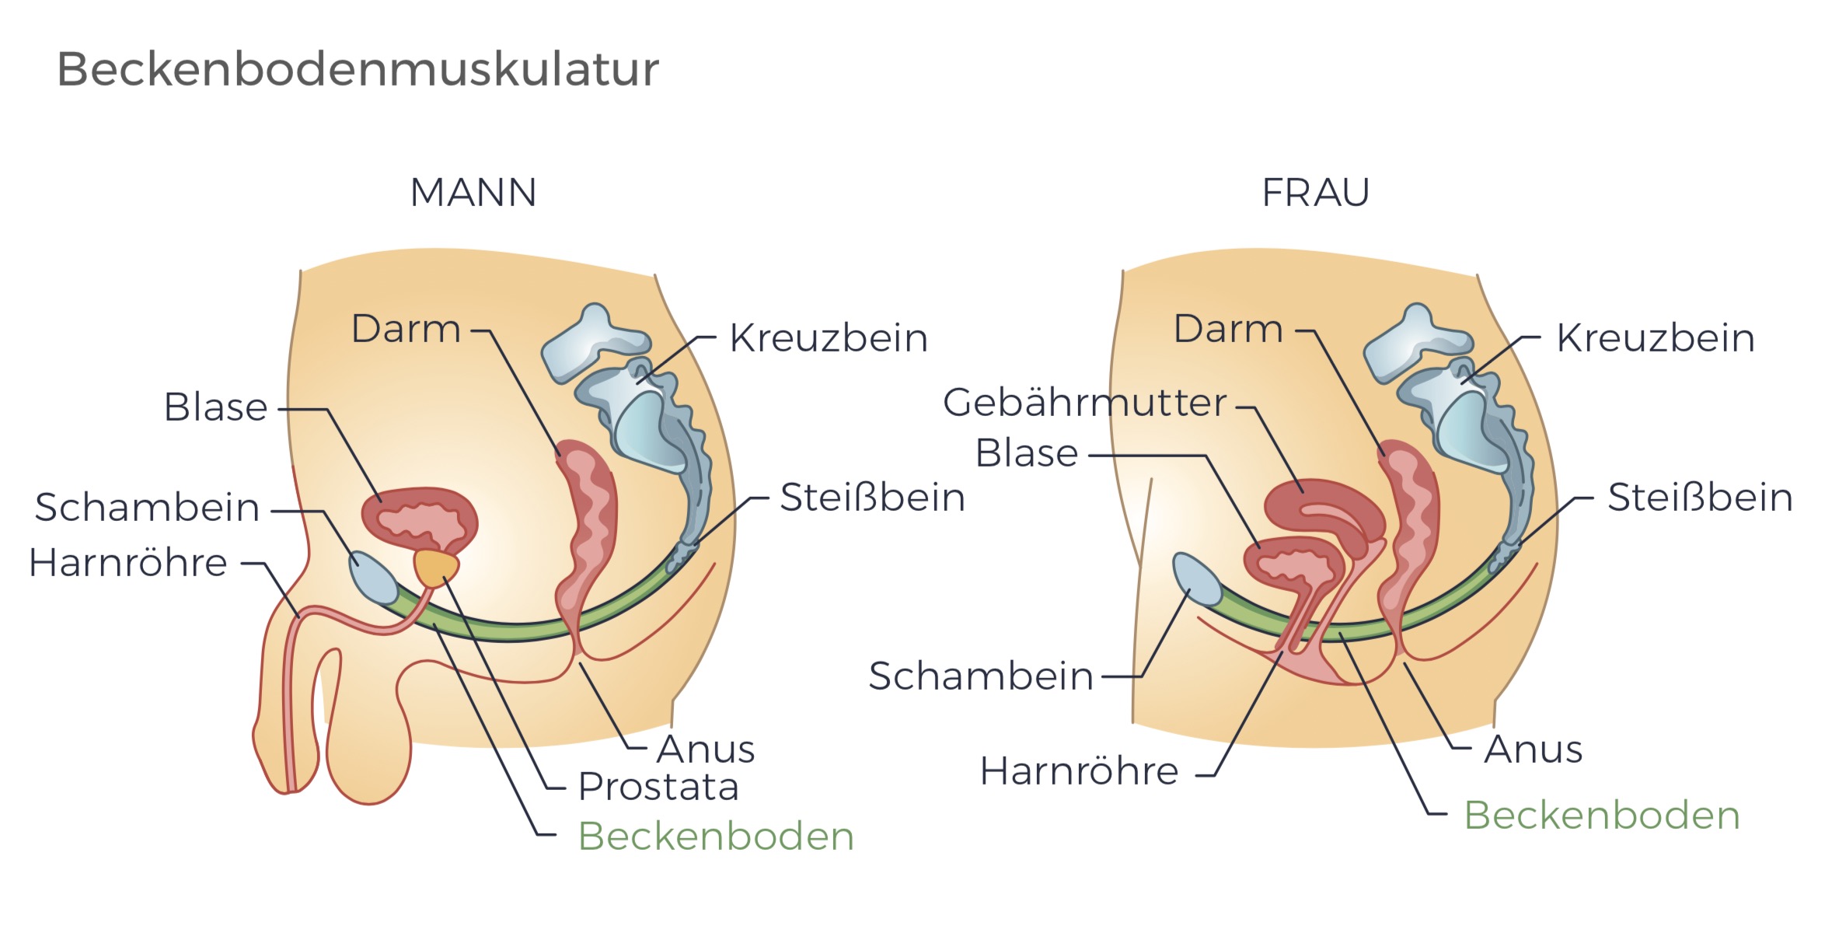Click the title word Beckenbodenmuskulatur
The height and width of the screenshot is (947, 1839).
click(358, 70)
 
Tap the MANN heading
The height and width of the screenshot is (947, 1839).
click(473, 193)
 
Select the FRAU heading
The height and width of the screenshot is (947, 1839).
click(1315, 193)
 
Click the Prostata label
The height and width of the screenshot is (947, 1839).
click(658, 787)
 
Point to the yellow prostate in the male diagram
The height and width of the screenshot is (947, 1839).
click(436, 568)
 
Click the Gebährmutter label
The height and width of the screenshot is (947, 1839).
click(1084, 403)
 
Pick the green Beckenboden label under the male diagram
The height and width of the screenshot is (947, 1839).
click(716, 837)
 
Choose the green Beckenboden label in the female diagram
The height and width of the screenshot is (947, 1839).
click(1602, 816)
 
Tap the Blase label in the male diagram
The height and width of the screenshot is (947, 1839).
click(215, 407)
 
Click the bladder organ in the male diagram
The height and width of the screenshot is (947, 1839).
click(420, 517)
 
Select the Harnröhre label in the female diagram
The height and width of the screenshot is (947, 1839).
click(1079, 771)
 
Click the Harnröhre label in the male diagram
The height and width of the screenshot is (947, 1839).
click(128, 563)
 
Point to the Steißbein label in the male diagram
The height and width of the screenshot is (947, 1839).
click(872, 498)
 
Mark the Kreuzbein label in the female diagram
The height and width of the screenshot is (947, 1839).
click(1656, 338)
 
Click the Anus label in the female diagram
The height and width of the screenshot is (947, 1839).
click(1533, 750)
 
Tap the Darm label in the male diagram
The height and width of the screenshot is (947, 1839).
click(406, 329)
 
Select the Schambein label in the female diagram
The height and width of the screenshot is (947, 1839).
click(981, 676)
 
